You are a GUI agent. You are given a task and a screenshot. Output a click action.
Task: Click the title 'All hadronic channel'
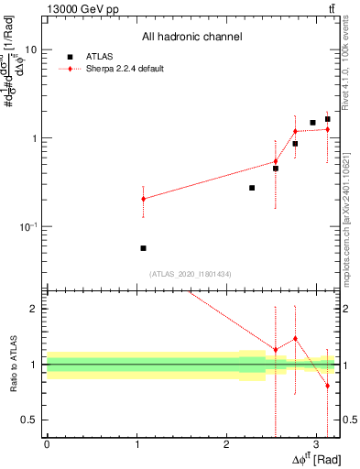point(191,38)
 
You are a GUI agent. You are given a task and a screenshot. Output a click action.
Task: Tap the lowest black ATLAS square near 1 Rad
point(143,248)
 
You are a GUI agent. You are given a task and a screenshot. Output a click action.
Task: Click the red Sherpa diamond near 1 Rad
point(143,199)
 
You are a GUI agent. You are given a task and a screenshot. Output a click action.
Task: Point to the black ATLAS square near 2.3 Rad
point(252,188)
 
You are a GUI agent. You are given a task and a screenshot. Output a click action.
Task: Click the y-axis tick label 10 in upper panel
point(30,50)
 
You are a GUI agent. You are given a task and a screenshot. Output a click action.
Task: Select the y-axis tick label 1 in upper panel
point(34,138)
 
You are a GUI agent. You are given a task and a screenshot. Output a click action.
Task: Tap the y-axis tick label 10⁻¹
point(28,226)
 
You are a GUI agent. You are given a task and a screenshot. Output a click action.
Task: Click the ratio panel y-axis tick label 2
point(34,309)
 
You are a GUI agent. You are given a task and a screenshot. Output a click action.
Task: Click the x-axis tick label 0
point(47,443)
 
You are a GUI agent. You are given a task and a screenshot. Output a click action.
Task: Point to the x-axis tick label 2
point(226,443)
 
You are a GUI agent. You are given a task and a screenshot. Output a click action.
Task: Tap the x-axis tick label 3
point(316,443)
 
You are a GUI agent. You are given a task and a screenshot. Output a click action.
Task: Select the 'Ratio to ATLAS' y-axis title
point(12,365)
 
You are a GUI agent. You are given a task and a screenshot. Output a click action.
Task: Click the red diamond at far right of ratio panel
point(328,386)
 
